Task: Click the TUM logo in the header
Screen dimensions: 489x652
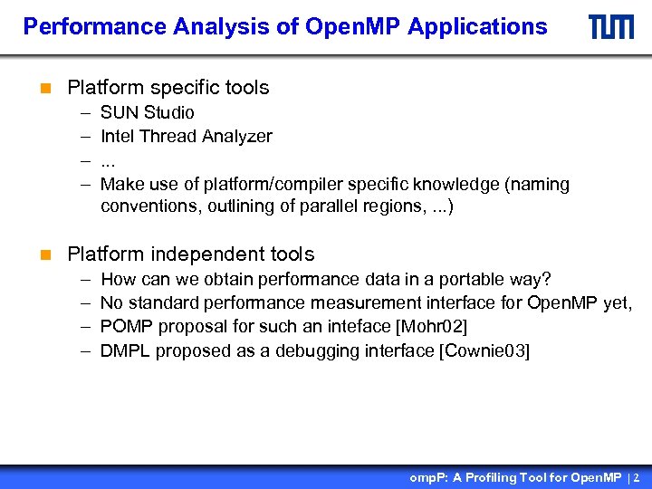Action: coord(611,27)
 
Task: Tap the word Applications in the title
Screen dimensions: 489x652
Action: coord(477,27)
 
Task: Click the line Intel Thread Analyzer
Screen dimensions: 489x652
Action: coord(186,136)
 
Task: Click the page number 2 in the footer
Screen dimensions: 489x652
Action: coord(637,477)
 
